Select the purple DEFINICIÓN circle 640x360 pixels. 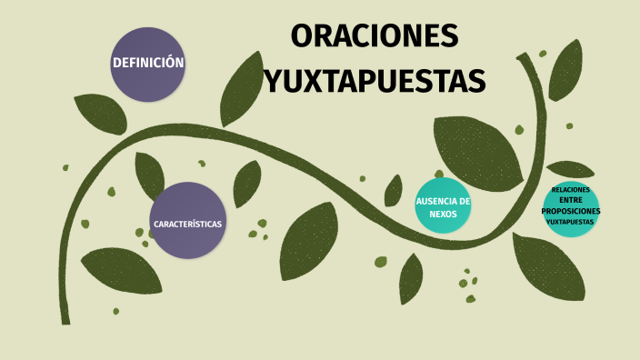[x=148, y=64]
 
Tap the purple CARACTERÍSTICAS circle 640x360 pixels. [x=187, y=221]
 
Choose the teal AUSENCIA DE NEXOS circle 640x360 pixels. [x=443, y=205]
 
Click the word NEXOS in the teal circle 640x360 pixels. [x=443, y=214]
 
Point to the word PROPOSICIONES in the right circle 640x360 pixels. [x=571, y=211]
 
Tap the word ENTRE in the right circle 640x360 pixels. [x=570, y=200]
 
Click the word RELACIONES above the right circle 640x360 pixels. [x=571, y=189]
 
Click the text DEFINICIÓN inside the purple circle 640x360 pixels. [x=148, y=63]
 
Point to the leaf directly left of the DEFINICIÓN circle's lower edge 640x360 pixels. [x=101, y=112]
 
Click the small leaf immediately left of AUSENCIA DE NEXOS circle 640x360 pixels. [x=394, y=191]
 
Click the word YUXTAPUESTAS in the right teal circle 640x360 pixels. [x=571, y=221]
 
